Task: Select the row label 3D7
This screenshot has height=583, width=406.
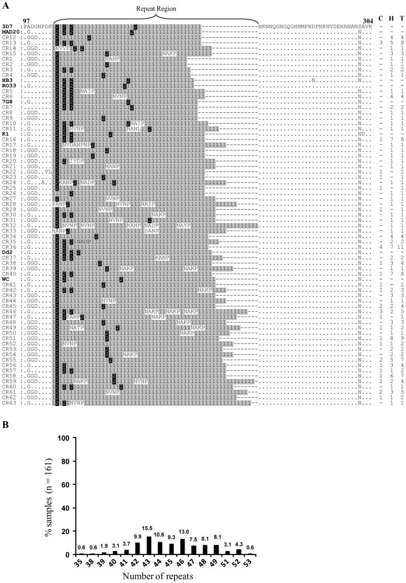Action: (x=7, y=26)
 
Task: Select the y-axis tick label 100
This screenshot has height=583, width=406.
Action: (x=64, y=439)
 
